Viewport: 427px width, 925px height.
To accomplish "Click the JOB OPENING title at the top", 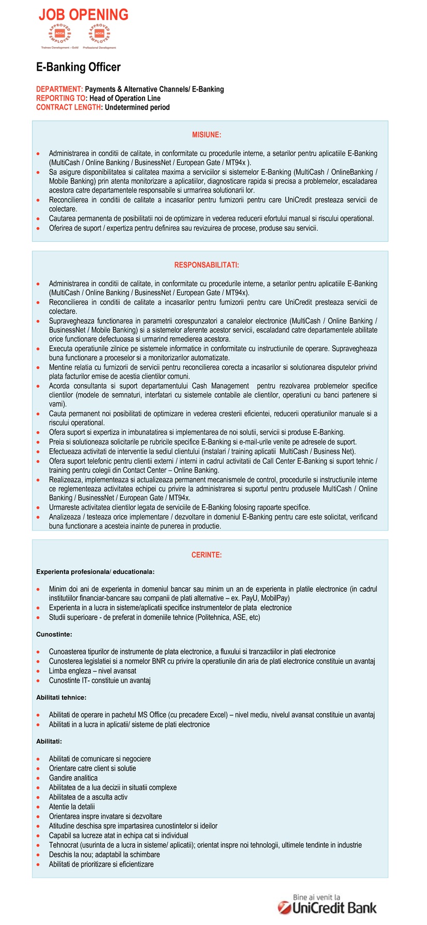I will pyautogui.click(x=84, y=15).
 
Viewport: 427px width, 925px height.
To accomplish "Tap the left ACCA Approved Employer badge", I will pyautogui.click(x=59, y=34).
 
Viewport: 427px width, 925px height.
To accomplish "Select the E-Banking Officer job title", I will pyautogui.click(x=78, y=67).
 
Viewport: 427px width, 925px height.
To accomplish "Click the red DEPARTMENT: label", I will pyautogui.click(x=59, y=89).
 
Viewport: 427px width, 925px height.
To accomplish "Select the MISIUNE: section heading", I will pyautogui.click(x=207, y=135).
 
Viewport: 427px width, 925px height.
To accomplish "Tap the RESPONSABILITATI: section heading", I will pyautogui.click(x=207, y=265).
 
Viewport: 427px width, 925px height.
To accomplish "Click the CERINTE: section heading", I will pyautogui.click(x=207, y=555).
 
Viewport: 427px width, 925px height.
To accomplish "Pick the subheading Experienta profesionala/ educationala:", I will pyautogui.click(x=95, y=572).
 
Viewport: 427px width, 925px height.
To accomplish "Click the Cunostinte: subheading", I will pyautogui.click(x=54, y=634).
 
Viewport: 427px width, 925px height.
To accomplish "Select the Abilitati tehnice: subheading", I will pyautogui.click(x=61, y=697).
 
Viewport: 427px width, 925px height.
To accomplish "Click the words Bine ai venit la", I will pyautogui.click(x=317, y=897).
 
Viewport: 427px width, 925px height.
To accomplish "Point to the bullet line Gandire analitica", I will pyautogui.click(x=73, y=778).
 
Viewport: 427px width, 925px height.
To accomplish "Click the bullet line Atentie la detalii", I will pyautogui.click(x=72, y=807).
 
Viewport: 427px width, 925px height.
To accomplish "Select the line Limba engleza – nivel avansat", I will pyautogui.click(x=92, y=671).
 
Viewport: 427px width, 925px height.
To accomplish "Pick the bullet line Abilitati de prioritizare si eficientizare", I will pyautogui.click(x=101, y=864).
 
